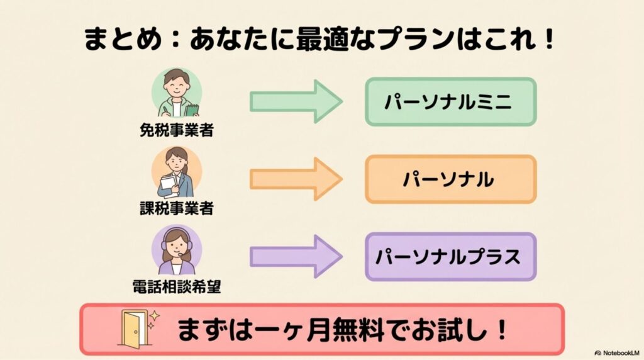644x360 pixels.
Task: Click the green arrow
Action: tap(296, 101)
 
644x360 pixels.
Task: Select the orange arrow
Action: tap(296, 179)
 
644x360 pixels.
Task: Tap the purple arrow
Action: tap(296, 256)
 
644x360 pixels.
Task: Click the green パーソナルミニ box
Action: tap(450, 101)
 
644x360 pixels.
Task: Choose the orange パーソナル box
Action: tap(450, 179)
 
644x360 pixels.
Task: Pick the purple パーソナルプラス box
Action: tap(450, 257)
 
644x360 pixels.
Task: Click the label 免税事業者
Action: tap(176, 131)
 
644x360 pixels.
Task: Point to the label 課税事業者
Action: tap(176, 209)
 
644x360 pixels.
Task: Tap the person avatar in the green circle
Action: tap(176, 93)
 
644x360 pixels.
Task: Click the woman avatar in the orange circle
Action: tap(176, 171)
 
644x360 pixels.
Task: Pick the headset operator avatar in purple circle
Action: tap(176, 250)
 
